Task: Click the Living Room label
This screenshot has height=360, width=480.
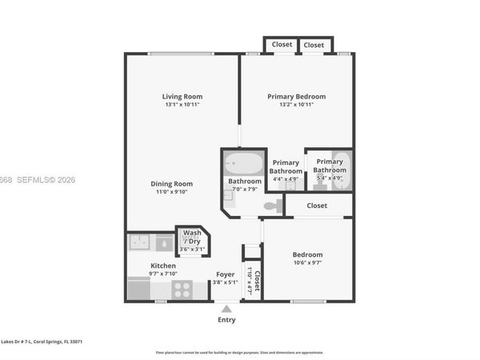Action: click(182, 96)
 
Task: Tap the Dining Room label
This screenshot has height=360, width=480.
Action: click(172, 183)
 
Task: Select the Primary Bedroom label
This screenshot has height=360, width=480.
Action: click(296, 96)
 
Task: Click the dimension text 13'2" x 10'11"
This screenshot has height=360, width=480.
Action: click(296, 105)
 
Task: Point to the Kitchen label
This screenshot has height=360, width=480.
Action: click(163, 266)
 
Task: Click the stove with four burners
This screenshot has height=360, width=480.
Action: click(182, 289)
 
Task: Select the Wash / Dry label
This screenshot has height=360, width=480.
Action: click(192, 237)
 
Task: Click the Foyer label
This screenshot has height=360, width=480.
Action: click(225, 274)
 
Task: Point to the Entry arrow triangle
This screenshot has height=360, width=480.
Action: click(227, 308)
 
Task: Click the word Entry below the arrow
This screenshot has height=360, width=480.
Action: click(227, 320)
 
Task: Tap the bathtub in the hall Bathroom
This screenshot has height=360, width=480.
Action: click(243, 165)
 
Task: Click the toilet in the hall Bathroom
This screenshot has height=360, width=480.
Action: click(272, 206)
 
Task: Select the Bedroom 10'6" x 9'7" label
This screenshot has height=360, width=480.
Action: click(307, 254)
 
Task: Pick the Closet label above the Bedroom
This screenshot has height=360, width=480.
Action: click(317, 206)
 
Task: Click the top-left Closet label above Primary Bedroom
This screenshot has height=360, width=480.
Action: click(282, 45)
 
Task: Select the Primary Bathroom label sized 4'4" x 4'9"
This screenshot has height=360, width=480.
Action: click(286, 166)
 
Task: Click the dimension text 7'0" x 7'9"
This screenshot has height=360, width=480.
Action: click(244, 189)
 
